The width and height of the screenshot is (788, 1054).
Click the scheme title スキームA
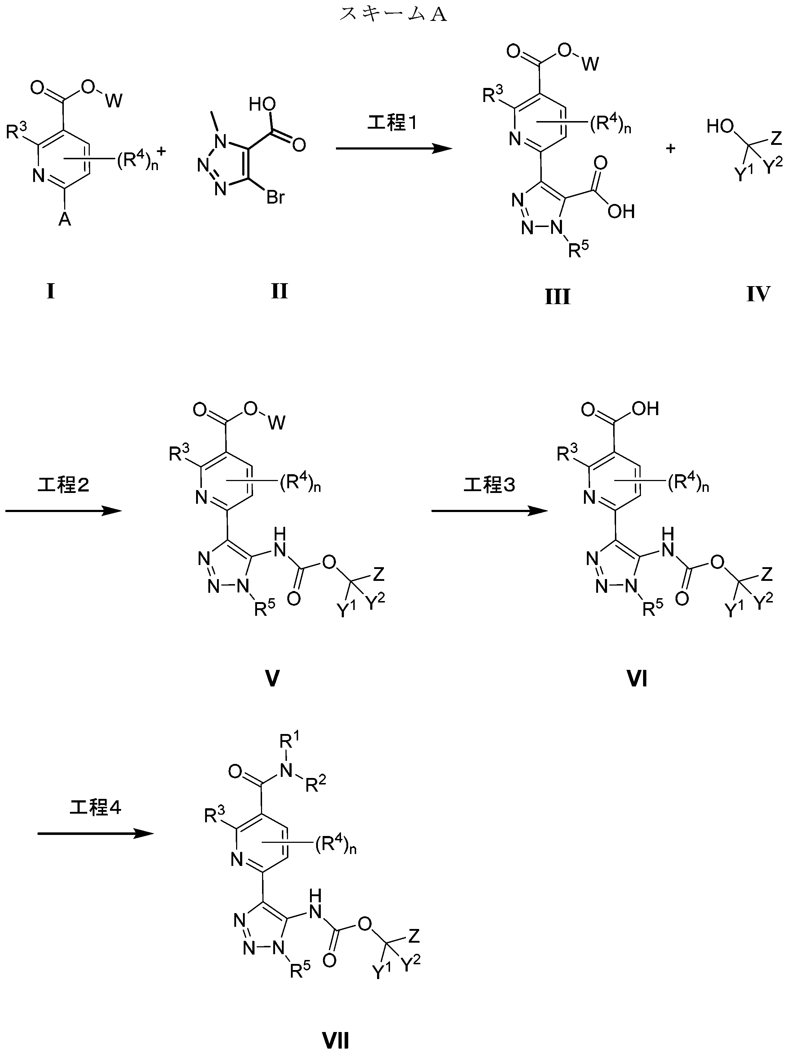click(x=393, y=14)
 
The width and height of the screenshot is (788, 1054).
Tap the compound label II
click(x=279, y=291)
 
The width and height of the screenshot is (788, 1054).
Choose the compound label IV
click(x=758, y=294)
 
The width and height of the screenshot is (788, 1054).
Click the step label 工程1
click(x=392, y=123)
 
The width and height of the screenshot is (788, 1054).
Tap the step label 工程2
click(x=63, y=485)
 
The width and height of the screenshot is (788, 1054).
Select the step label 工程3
click(x=490, y=485)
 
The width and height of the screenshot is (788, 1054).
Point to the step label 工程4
click(x=95, y=808)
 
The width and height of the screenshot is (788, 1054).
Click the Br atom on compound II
click(x=275, y=197)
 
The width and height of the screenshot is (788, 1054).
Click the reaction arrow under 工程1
click(x=394, y=149)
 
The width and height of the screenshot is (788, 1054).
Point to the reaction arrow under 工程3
click(x=490, y=511)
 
